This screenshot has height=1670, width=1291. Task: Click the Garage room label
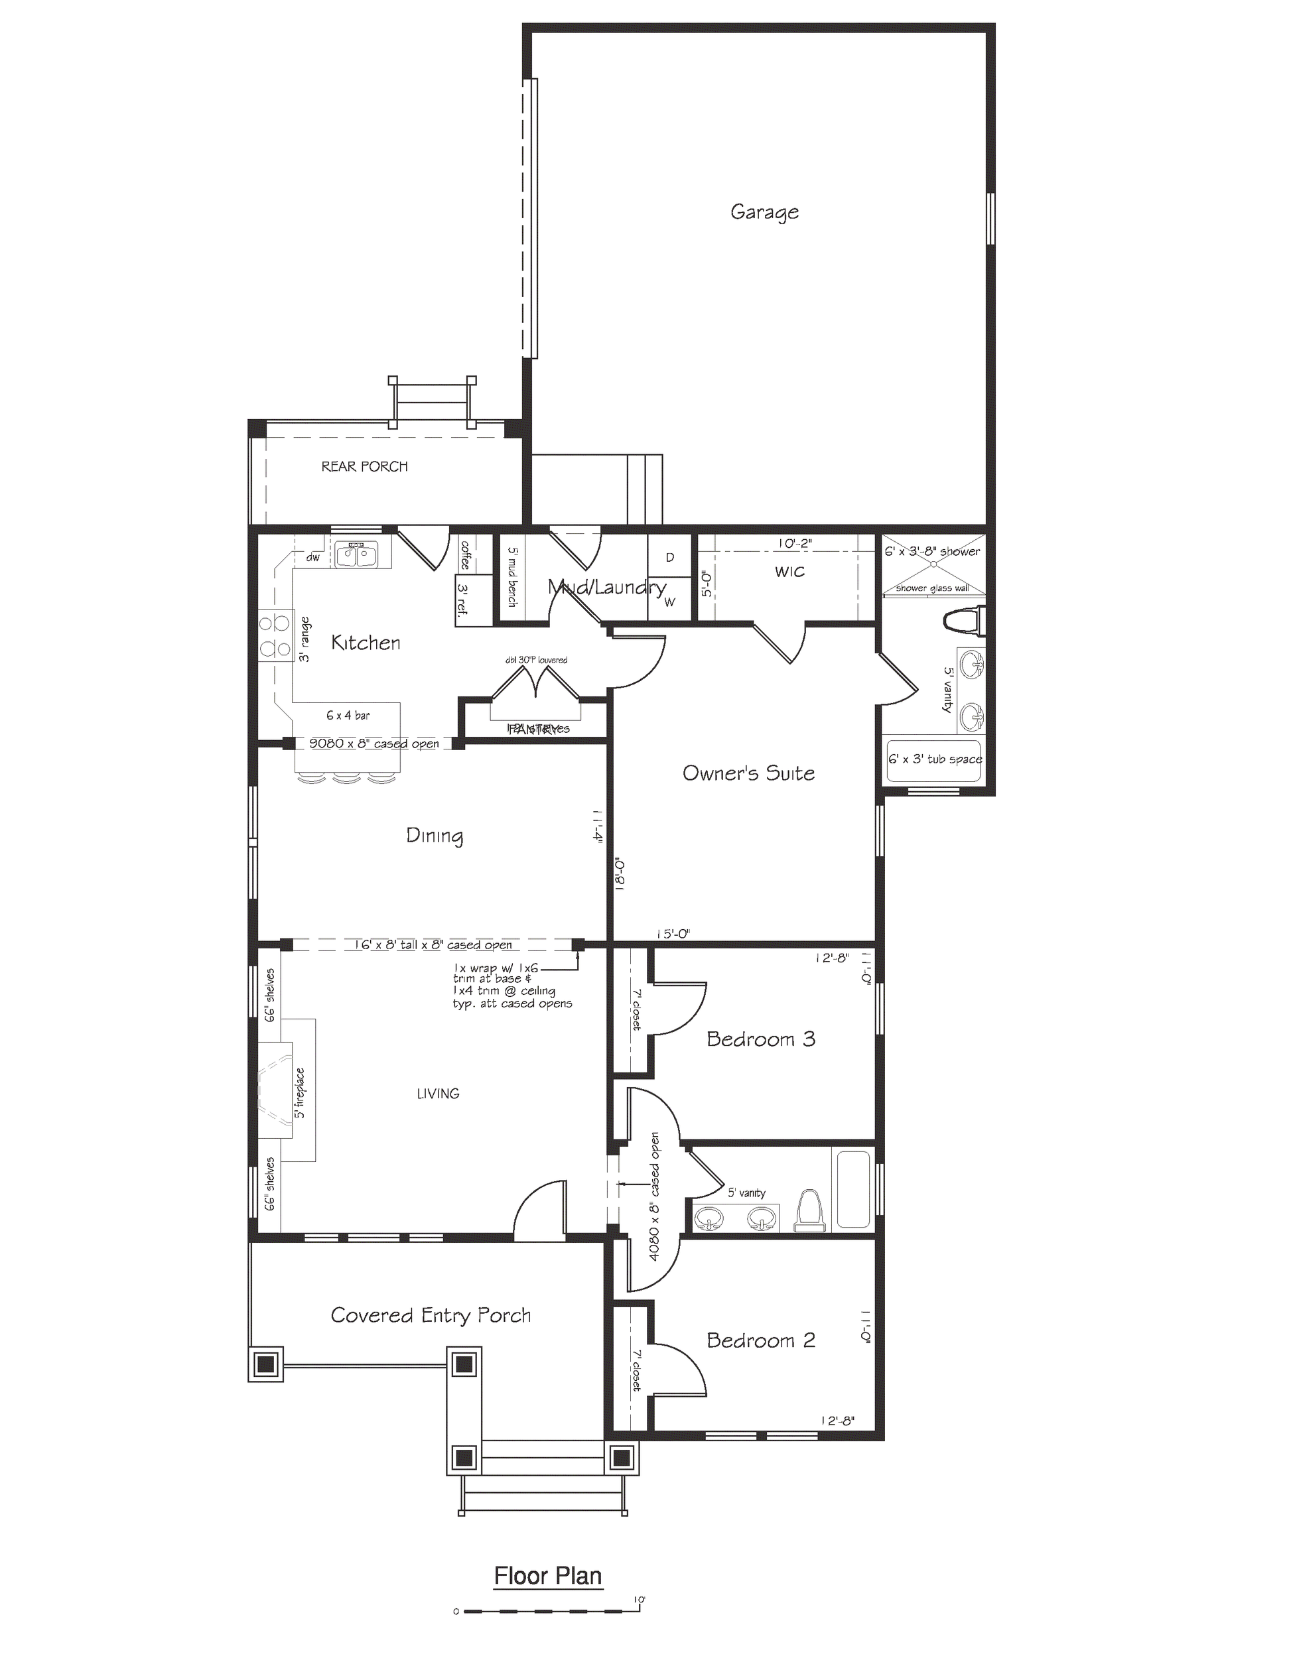[764, 212]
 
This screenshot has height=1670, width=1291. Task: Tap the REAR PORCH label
[364, 466]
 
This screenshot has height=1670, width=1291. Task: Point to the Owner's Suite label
[748, 773]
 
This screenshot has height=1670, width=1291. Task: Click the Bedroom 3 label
[760, 1039]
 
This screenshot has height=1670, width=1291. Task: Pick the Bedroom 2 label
[760, 1340]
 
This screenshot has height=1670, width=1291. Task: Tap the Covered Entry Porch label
[431, 1315]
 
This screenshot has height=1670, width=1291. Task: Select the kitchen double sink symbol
[356, 553]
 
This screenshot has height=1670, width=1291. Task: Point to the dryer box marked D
[669, 557]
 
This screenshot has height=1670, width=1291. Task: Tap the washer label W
[669, 602]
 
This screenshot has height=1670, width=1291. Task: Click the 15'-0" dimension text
[673, 934]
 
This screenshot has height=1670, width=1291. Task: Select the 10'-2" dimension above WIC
[795, 544]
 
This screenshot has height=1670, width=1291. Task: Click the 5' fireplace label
[301, 1094]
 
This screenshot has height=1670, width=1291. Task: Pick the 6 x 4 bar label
[348, 716]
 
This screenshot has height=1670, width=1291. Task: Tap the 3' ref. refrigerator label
[462, 600]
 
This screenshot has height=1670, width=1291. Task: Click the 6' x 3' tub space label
[935, 759]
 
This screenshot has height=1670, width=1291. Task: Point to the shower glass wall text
[932, 588]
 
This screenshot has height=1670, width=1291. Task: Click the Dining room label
[435, 836]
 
